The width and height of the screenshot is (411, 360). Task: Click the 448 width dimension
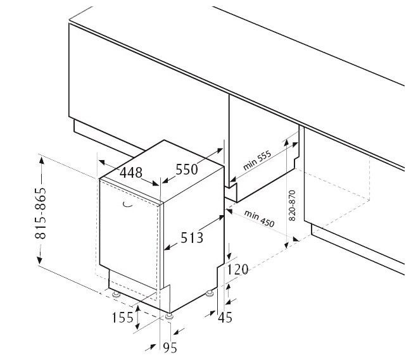[x=131, y=173]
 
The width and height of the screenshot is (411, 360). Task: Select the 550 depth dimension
[x=187, y=169]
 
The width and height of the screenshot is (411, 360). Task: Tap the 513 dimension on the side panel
[x=192, y=238]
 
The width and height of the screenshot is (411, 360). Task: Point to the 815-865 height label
[x=41, y=213]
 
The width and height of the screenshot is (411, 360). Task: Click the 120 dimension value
[x=237, y=270]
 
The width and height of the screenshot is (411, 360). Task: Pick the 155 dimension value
[x=123, y=318]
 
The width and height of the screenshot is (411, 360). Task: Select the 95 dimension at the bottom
[x=170, y=348]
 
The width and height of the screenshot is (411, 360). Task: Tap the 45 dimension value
[x=225, y=318]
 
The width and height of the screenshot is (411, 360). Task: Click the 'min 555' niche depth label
[x=257, y=161]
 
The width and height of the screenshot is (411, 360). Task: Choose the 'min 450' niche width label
[x=259, y=218]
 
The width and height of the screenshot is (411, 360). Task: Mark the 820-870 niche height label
[x=292, y=206]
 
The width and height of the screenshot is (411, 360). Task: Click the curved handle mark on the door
[x=128, y=205]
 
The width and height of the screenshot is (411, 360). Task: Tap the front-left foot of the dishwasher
[x=116, y=295]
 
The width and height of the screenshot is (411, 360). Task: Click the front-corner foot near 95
[x=169, y=316]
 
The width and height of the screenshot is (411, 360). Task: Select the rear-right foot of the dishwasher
[x=210, y=293]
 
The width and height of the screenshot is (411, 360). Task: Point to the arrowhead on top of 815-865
[x=42, y=159]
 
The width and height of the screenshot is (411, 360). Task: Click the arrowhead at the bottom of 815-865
[x=39, y=260]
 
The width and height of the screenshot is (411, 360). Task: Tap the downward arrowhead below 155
[x=137, y=326]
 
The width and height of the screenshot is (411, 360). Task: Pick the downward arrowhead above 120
[x=230, y=256]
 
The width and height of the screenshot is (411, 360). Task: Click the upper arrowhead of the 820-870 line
[x=286, y=142]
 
